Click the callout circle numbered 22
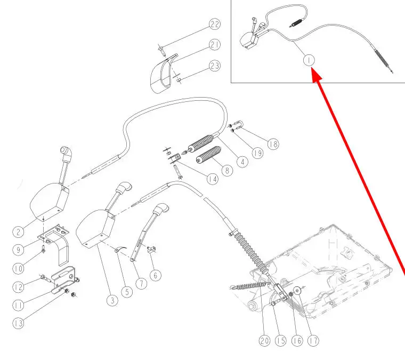point(215,25)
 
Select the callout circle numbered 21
point(215,45)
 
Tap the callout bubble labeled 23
point(215,66)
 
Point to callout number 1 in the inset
point(309,60)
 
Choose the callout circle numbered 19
point(258,154)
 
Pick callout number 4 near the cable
point(242,161)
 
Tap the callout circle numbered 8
point(228,171)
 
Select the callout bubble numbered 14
point(213,179)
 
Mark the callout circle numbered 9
point(19,249)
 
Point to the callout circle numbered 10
point(19,268)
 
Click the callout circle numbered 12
point(19,287)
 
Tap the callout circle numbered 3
point(111,301)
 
